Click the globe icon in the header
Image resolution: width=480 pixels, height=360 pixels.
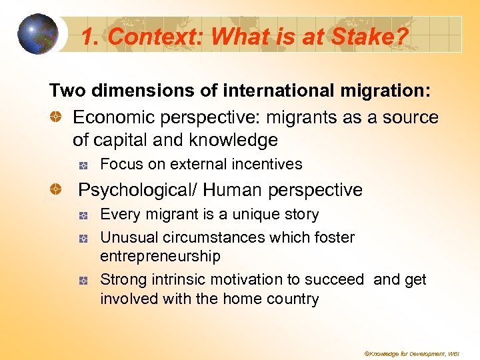38,34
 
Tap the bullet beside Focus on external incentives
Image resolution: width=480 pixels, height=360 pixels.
83,165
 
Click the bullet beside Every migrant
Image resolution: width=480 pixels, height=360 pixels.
83,215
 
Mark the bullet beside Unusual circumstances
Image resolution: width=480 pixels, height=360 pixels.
83,238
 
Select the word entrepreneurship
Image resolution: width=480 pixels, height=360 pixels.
160,256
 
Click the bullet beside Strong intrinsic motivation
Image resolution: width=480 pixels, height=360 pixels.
83,281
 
